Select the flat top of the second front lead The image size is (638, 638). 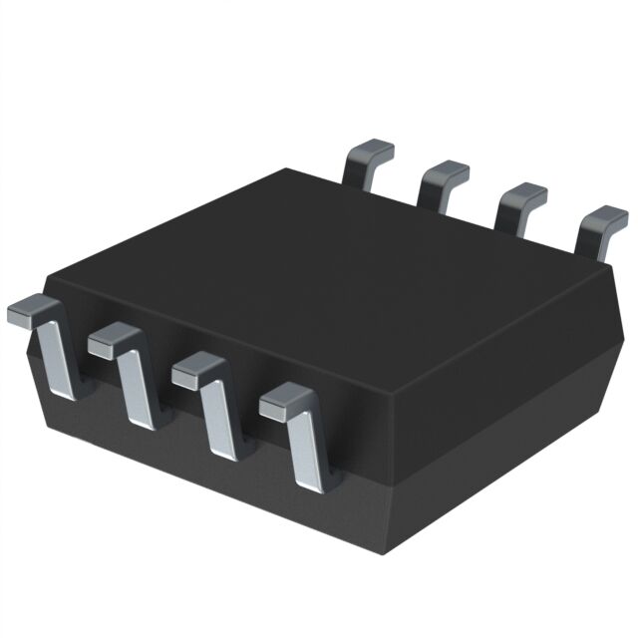click(110, 342)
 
